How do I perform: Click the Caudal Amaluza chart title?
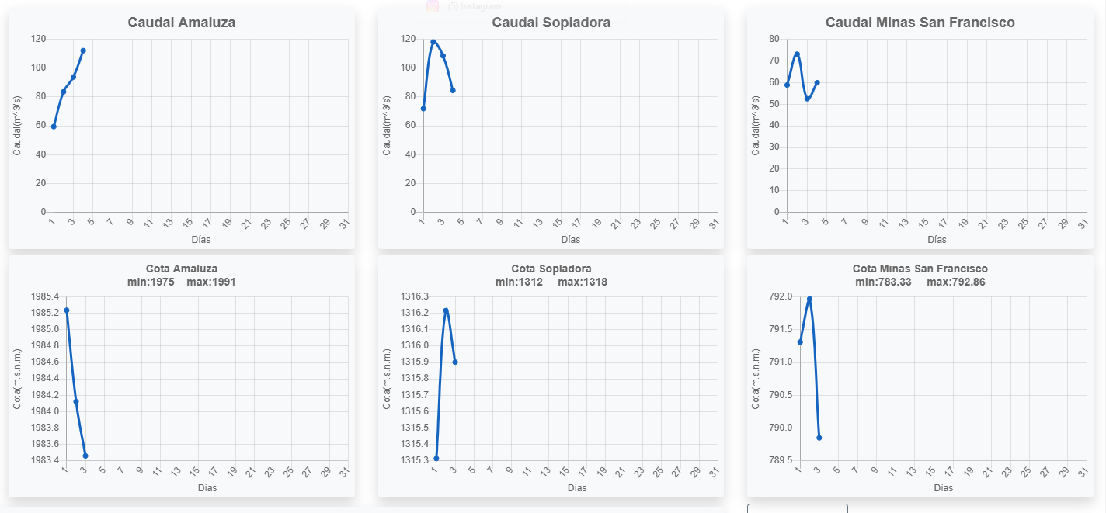[x=182, y=23]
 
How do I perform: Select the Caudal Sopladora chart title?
[x=551, y=23]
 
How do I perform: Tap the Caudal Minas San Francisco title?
[x=920, y=23]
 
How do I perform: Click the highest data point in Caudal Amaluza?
[x=83, y=50]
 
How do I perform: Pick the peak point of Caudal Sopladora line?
[x=433, y=42]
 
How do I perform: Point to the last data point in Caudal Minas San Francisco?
[x=817, y=82]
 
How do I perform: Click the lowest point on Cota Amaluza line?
[x=85, y=456]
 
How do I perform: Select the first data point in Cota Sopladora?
[x=436, y=458]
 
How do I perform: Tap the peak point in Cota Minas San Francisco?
[x=809, y=299]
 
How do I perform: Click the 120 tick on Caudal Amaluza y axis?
[x=38, y=39]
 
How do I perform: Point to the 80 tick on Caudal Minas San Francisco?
[x=774, y=39]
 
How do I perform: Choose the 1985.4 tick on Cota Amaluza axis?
[x=45, y=296]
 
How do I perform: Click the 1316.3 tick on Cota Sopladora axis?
[x=414, y=296]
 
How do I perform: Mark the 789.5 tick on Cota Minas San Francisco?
[x=781, y=460]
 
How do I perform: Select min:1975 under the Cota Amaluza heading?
[x=151, y=282]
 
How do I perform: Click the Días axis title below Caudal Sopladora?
[x=570, y=239]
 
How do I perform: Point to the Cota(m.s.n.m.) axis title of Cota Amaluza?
[x=18, y=379]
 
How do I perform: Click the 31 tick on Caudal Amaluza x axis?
[x=345, y=224]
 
